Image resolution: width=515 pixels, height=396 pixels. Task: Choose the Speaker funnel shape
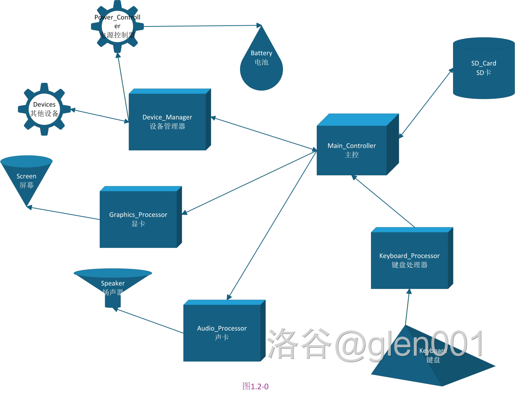pos(113,286)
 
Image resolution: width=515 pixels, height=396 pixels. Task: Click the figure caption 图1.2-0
pos(255,386)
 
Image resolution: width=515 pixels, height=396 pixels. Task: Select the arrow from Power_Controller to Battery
pos(202,26)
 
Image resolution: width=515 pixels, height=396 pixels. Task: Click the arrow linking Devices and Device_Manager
pos(99,115)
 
